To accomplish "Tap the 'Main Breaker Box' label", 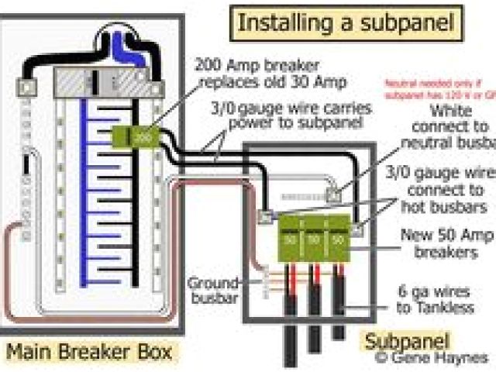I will (x=90, y=353).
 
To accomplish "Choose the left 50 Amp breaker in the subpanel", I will (x=288, y=239).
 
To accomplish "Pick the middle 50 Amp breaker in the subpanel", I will (x=313, y=239).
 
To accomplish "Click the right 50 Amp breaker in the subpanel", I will (x=338, y=239).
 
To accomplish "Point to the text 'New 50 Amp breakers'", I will (x=446, y=242).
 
